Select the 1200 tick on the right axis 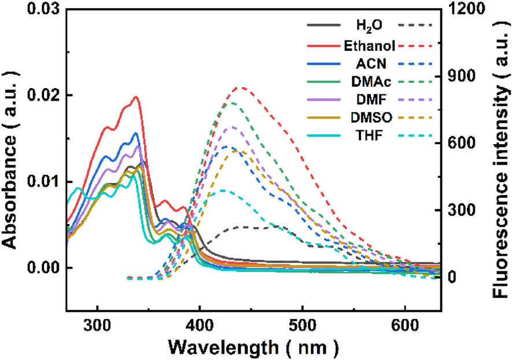click(465, 9)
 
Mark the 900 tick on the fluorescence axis click(462, 76)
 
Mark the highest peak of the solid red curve click(137, 97)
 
